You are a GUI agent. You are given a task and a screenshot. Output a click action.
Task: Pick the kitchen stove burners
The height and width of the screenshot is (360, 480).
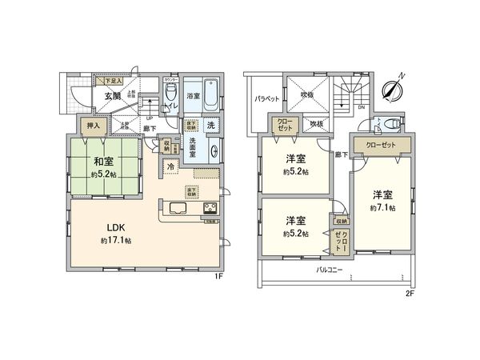click(x=210, y=210)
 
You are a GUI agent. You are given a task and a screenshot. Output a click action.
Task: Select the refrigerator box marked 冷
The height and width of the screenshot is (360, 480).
click(x=171, y=168)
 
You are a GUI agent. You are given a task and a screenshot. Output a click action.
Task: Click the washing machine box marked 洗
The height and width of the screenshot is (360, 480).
click(x=210, y=126)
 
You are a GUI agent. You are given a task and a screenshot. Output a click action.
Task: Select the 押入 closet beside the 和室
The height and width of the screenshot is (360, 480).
click(x=93, y=126)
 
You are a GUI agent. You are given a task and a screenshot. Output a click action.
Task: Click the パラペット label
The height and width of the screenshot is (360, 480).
click(x=266, y=100)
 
